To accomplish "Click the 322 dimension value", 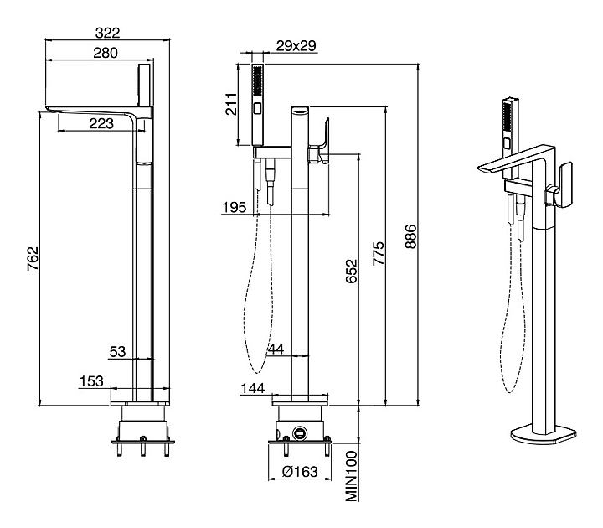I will tap(107, 33).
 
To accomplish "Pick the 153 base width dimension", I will tap(92, 381).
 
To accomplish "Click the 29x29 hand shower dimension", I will tap(296, 46).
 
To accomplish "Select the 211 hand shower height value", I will tap(239, 105).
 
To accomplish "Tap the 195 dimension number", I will tap(235, 208).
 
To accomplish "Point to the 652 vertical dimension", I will tap(352, 275).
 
